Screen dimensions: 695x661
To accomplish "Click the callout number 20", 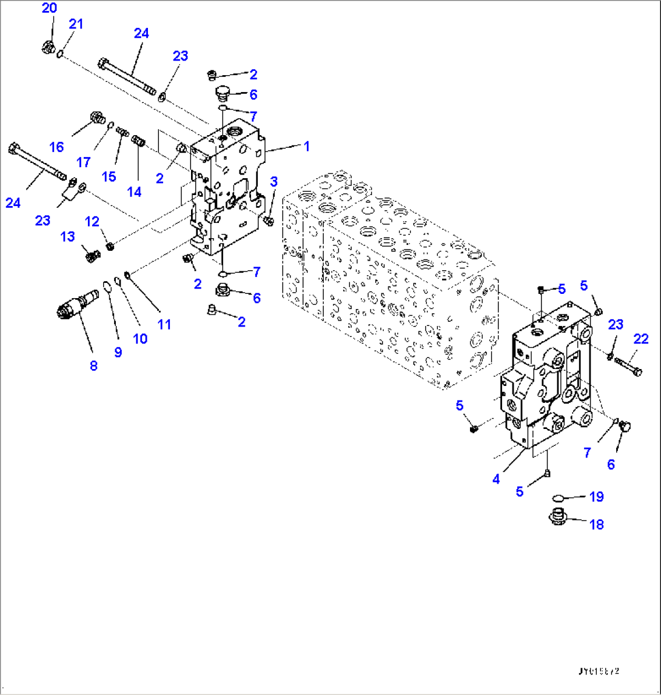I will point(49,8).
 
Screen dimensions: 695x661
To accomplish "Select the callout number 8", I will point(93,365).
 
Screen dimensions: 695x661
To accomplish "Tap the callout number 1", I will point(307,146).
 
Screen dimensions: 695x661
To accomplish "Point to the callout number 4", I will point(496,479).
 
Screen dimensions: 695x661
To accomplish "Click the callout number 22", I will point(641,339).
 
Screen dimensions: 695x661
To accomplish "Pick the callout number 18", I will point(597,524).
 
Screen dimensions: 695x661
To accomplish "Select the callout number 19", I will point(597,497).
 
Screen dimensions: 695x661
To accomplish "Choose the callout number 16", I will point(56,147).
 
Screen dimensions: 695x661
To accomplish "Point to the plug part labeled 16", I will point(96,116).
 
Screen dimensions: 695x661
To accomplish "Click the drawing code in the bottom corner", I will point(600,672).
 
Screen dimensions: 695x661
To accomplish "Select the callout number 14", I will point(134,191).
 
